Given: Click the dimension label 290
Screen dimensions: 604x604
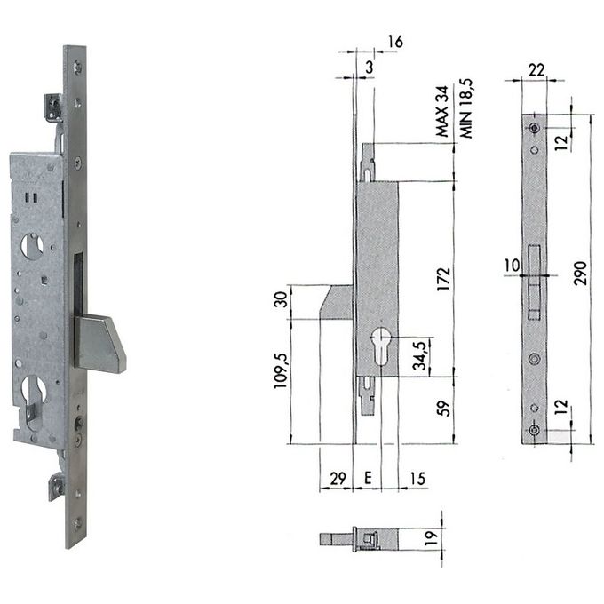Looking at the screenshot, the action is point(580,273).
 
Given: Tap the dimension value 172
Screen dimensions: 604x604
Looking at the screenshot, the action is point(444,279).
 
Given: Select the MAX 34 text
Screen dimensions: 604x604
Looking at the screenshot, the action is point(442,112).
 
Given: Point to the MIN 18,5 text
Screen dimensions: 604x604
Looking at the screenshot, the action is point(465,109).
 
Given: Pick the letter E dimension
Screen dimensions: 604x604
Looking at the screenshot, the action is point(368,478).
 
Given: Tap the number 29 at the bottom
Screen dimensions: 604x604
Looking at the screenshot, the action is point(338,479).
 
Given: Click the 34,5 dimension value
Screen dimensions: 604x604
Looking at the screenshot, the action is point(420,355).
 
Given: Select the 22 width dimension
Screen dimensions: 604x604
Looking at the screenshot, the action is point(536,70).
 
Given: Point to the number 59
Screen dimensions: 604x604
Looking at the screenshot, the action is point(444,409).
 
